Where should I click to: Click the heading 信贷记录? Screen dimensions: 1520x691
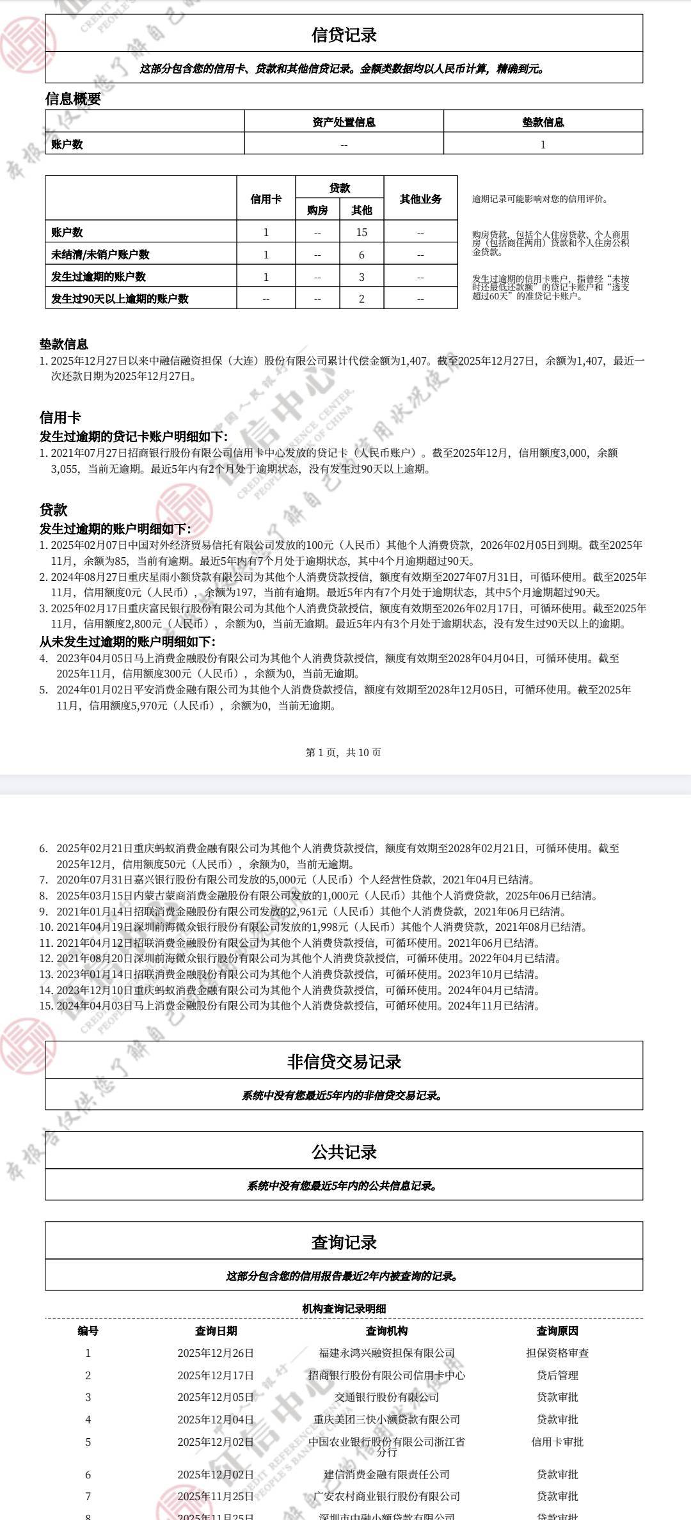pos(344,35)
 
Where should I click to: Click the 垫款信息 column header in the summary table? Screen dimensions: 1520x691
pos(543,122)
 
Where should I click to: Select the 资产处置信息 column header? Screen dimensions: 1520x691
pos(344,122)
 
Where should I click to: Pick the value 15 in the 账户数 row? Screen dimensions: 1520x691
pos(361,232)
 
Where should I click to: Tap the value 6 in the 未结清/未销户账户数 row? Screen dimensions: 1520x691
pos(361,255)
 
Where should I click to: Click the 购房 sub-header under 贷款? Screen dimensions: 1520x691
pos(317,210)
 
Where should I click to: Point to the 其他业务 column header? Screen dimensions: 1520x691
pos(420,199)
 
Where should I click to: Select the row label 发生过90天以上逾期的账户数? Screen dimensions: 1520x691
pos(120,299)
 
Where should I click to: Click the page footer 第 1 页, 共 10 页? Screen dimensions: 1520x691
pos(344,752)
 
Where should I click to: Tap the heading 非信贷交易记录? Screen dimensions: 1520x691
pos(344,1062)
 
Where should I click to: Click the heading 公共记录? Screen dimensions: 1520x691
pos(344,1152)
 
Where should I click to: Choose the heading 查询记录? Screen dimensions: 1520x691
pos(344,1242)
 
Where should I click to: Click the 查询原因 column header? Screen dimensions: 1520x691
pos(557,1331)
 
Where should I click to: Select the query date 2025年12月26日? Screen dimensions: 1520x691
pos(216,1353)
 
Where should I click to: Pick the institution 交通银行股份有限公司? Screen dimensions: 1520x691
pos(386,1397)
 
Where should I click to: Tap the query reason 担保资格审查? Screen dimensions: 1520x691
pos(557,1353)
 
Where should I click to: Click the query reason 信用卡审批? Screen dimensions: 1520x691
pos(557,1442)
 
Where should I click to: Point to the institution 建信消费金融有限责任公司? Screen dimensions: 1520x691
pos(386,1475)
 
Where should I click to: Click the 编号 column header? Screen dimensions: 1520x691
pos(88,1331)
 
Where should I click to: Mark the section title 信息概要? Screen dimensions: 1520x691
pos(73,99)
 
